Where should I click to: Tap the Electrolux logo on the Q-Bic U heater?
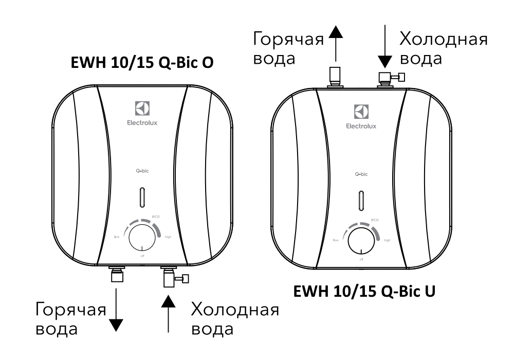coord(362,112)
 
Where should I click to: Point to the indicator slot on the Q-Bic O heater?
coord(141,197)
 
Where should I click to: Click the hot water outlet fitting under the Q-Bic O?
coord(116,275)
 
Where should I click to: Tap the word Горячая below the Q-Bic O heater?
coord(71,310)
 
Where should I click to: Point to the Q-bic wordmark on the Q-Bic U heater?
coord(362,175)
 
